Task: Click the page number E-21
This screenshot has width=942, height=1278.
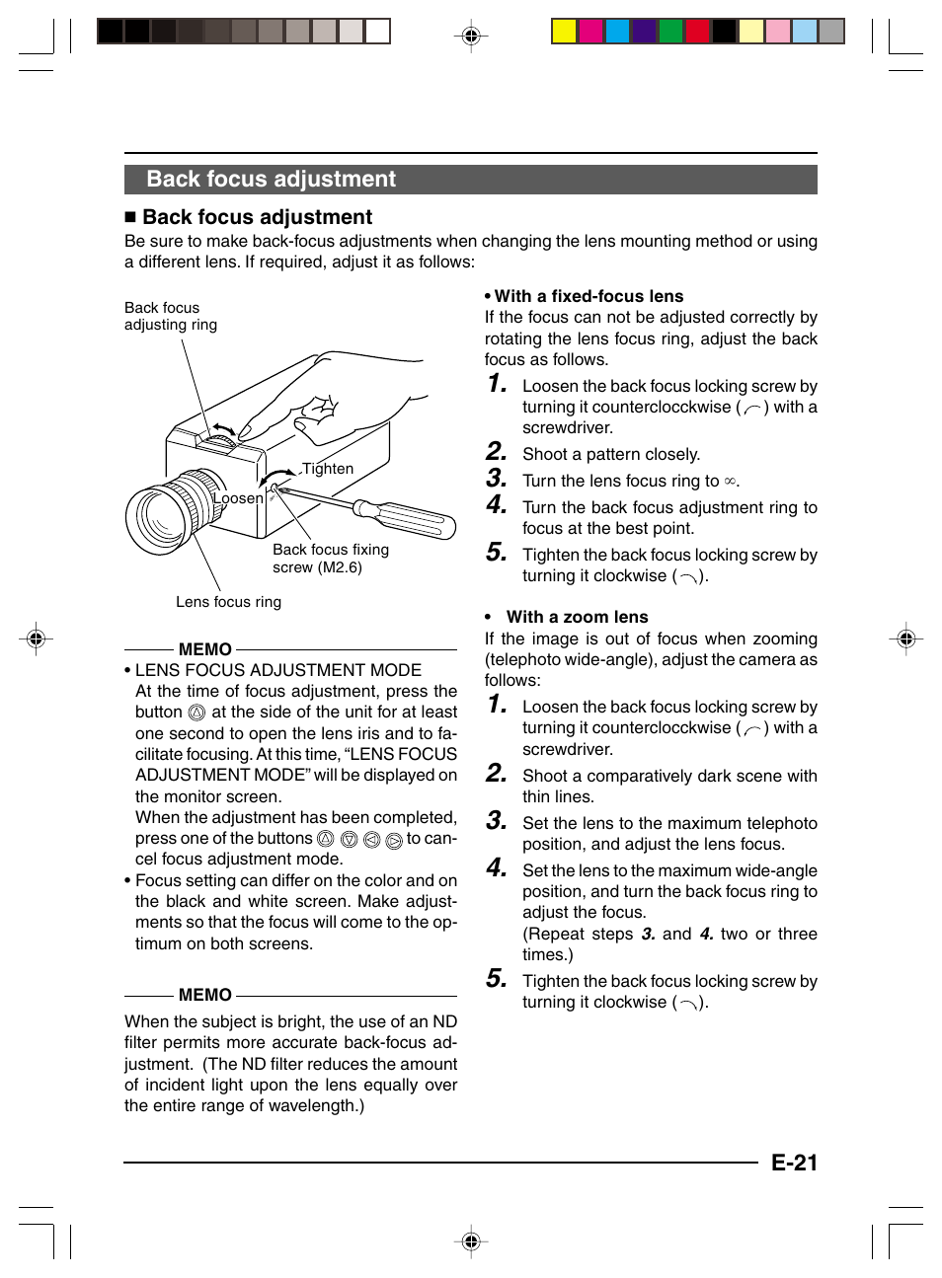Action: coord(794,1163)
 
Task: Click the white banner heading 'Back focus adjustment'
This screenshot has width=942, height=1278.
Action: coord(271,180)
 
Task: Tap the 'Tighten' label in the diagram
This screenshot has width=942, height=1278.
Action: coord(328,469)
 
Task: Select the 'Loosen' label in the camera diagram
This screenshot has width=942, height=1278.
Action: coord(238,498)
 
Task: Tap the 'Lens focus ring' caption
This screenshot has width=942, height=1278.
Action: coord(228,602)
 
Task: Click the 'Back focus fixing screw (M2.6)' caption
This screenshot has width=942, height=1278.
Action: coord(330,559)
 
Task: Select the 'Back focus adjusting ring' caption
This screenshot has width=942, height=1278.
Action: coord(170,316)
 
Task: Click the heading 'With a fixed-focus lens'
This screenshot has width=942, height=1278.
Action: coord(589,296)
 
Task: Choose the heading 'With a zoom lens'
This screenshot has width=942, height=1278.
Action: coord(577,617)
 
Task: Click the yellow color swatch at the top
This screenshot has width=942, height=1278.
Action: coord(564,32)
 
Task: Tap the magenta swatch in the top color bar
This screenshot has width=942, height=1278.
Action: coord(590,32)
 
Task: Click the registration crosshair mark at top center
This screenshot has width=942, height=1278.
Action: coord(471,37)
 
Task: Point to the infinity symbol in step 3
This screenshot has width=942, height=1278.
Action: coord(730,482)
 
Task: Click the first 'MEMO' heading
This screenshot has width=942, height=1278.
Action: coord(205,649)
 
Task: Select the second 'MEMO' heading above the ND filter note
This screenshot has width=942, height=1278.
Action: coord(205,995)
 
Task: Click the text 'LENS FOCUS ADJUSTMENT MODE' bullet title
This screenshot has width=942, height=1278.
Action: coord(278,671)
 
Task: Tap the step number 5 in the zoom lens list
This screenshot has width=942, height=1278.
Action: coord(496,979)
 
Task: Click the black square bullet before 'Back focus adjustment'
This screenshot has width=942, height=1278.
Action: coord(130,218)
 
